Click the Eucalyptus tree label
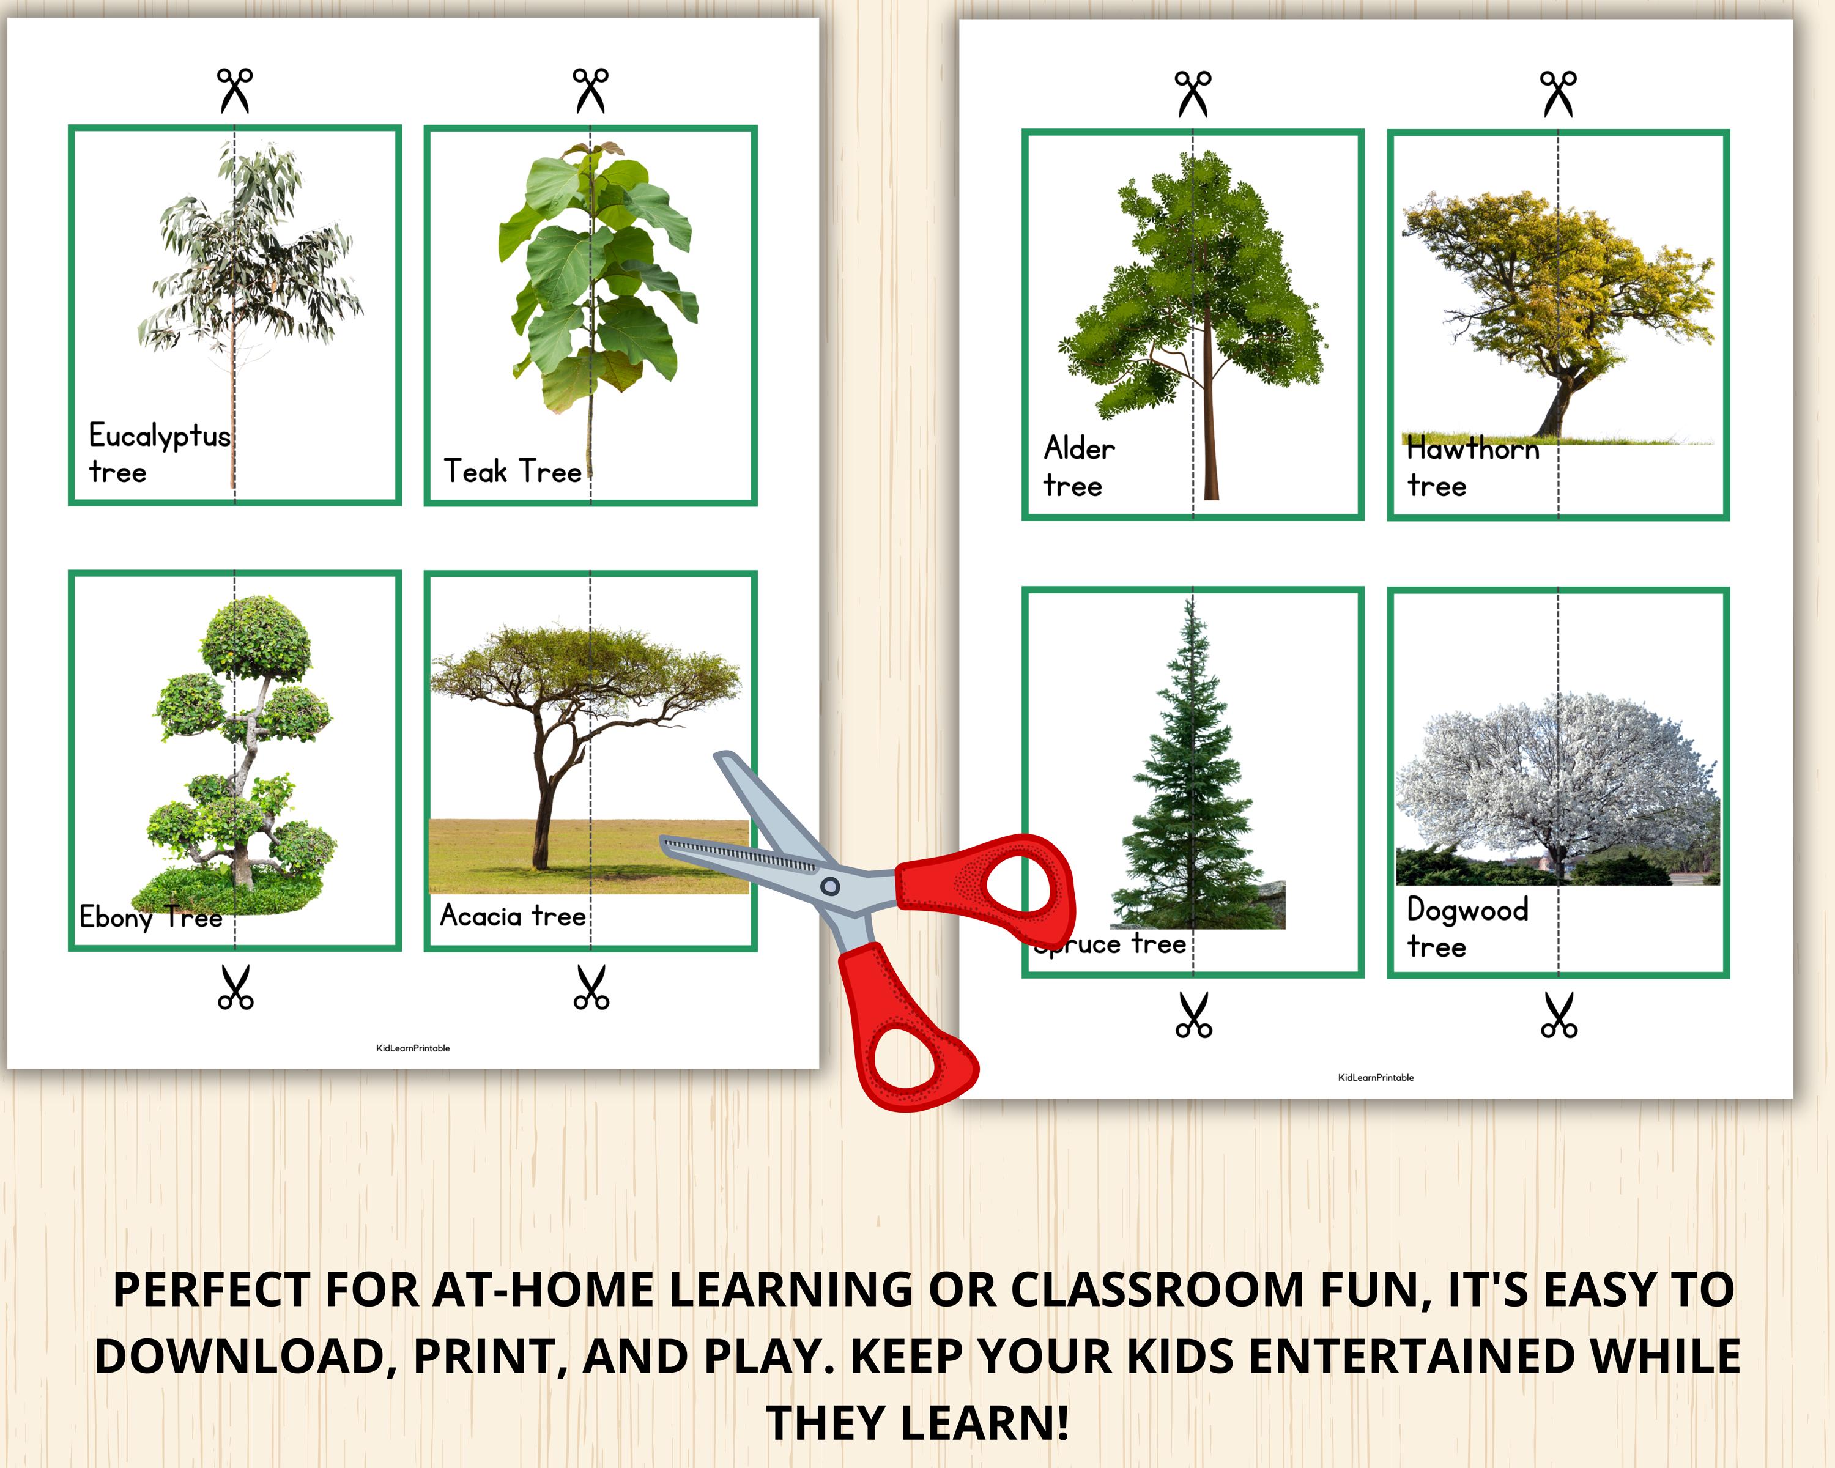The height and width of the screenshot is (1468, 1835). [159, 453]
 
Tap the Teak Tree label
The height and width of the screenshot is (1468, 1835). [513, 470]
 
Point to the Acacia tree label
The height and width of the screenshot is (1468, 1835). [513, 916]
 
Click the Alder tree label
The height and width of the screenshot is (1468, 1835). [1078, 466]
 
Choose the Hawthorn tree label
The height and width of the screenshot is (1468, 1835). [1472, 466]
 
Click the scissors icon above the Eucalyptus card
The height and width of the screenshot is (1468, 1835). [235, 90]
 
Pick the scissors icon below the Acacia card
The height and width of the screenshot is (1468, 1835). [591, 987]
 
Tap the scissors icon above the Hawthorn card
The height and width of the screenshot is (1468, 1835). [1557, 94]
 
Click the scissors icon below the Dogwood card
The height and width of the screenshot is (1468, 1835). [1559, 1014]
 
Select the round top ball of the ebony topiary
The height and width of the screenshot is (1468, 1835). [255, 637]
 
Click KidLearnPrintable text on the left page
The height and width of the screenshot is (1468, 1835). [413, 1048]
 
